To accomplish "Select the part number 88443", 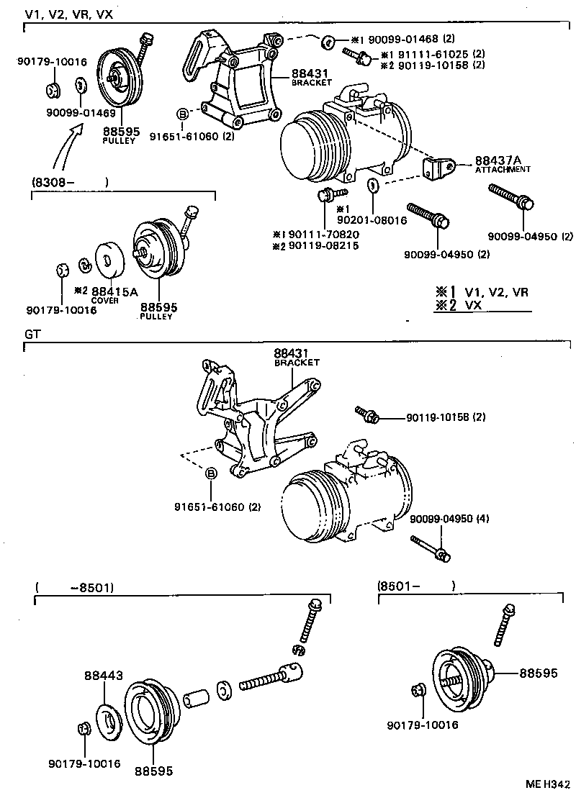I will coord(103,676).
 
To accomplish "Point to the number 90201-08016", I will coord(372,220).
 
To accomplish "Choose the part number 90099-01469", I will coord(81,112).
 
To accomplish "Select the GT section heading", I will coord(32,335).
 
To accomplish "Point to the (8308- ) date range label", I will coord(69,183).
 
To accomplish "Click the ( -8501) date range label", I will coord(74,587).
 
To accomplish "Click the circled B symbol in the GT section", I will coord(212,473).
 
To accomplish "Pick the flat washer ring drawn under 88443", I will coord(109,720).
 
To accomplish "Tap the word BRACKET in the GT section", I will coord(297,363).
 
